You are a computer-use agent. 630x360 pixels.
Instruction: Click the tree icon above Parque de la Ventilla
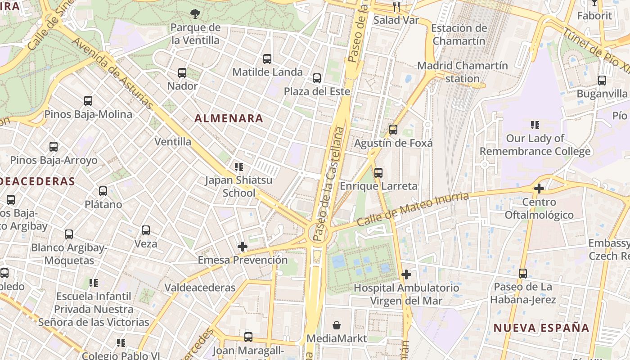point(195,14)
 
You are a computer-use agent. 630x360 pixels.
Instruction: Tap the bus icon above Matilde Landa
point(267,58)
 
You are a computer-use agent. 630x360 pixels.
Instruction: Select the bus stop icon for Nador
point(182,72)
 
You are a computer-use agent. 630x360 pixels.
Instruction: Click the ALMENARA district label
point(229,118)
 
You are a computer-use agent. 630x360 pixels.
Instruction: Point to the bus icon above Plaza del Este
point(317,78)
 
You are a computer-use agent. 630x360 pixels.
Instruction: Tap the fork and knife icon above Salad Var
point(396,6)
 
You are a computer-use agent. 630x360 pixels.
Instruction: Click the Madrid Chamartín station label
point(463,72)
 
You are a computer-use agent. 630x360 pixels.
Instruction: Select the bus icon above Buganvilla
point(602,81)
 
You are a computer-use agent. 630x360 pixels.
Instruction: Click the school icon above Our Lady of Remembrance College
point(535,125)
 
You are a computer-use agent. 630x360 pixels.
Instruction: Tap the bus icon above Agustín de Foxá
point(393,130)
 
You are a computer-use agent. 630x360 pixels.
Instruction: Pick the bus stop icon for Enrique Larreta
point(378,172)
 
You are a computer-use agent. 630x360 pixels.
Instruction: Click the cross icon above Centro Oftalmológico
point(539,189)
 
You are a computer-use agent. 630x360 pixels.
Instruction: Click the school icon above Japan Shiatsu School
point(239,167)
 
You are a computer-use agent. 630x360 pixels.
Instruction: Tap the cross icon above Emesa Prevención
point(243,247)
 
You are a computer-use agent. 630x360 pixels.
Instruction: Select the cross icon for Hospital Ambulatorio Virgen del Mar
point(406,274)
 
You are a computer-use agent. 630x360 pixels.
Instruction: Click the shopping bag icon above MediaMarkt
point(337,325)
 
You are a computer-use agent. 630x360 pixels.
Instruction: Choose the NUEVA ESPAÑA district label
point(541,328)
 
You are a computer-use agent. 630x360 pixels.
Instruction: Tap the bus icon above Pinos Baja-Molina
point(88,101)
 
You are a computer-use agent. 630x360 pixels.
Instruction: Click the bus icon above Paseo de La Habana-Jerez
point(523,273)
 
